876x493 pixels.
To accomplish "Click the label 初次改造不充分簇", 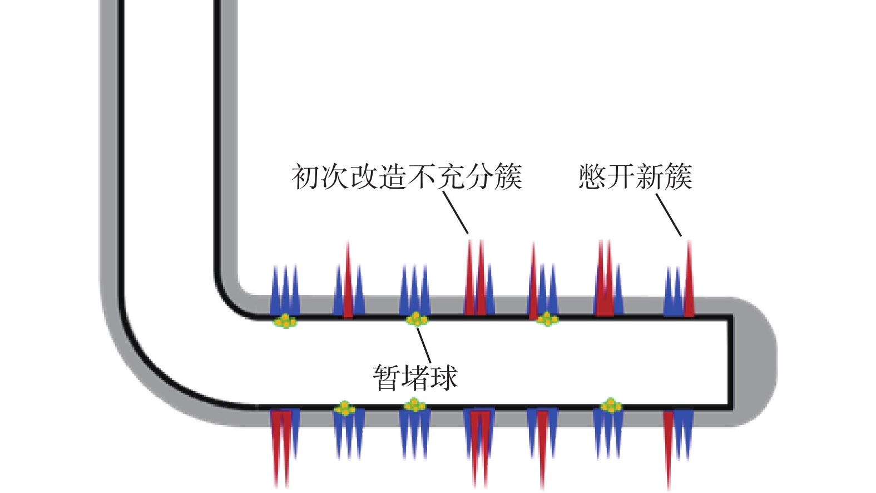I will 407,177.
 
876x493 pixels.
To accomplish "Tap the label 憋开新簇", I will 635,177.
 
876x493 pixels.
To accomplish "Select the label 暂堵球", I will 415,377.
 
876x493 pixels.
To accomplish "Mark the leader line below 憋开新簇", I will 669,214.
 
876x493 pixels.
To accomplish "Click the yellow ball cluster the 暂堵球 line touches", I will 417,319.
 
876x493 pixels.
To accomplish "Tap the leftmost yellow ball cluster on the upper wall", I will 285,321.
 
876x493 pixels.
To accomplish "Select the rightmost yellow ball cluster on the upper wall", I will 547,319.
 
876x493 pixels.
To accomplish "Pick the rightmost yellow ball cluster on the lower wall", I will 611,406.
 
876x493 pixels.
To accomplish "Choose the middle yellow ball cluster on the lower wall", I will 414,406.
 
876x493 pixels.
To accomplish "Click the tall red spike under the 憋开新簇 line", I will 689,278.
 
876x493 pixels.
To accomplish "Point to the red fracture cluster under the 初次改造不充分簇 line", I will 476,278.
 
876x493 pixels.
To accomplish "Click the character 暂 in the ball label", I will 387,377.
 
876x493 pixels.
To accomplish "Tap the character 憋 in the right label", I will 592,177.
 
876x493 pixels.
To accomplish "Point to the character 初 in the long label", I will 306,177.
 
